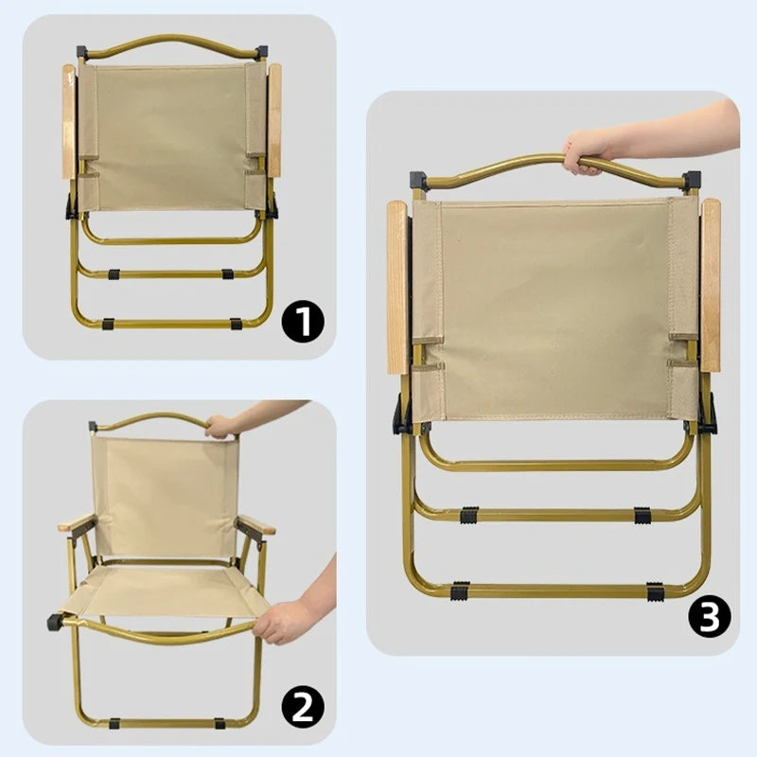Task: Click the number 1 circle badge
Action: pos(303,322)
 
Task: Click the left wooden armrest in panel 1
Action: pos(69,121)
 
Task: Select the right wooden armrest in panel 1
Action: pos(274,121)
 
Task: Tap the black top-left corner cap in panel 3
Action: pos(418,180)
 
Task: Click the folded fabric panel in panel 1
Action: pos(170,137)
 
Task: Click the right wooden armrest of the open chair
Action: pos(255,524)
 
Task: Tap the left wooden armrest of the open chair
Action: pos(76,522)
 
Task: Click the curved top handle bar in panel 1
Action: pos(170,40)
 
